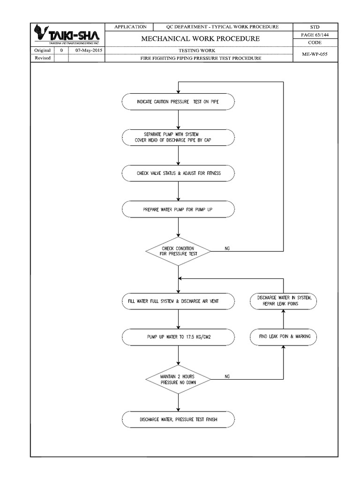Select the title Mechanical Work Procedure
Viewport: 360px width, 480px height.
click(x=200, y=38)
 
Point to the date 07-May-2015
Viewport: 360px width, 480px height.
click(x=87, y=50)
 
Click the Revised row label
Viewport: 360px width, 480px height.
click(x=43, y=58)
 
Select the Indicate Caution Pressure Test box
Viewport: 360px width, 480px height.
click(x=178, y=102)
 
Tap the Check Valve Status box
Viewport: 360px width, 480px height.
click(x=178, y=173)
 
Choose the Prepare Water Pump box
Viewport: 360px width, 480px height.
click(x=178, y=210)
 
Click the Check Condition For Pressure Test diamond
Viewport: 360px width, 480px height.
click(x=178, y=250)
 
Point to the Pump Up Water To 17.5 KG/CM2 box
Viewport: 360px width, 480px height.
click(x=178, y=337)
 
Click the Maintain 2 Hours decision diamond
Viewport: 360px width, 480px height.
click(x=178, y=379)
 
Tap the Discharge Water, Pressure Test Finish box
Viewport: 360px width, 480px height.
click(x=178, y=419)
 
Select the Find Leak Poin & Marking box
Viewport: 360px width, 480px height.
click(x=284, y=337)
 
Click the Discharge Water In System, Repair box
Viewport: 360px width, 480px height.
click(x=284, y=301)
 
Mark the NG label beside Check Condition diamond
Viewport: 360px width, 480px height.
click(x=227, y=247)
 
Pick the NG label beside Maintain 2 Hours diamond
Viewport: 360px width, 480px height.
click(x=227, y=376)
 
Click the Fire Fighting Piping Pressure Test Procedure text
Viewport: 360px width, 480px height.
click(x=200, y=59)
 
